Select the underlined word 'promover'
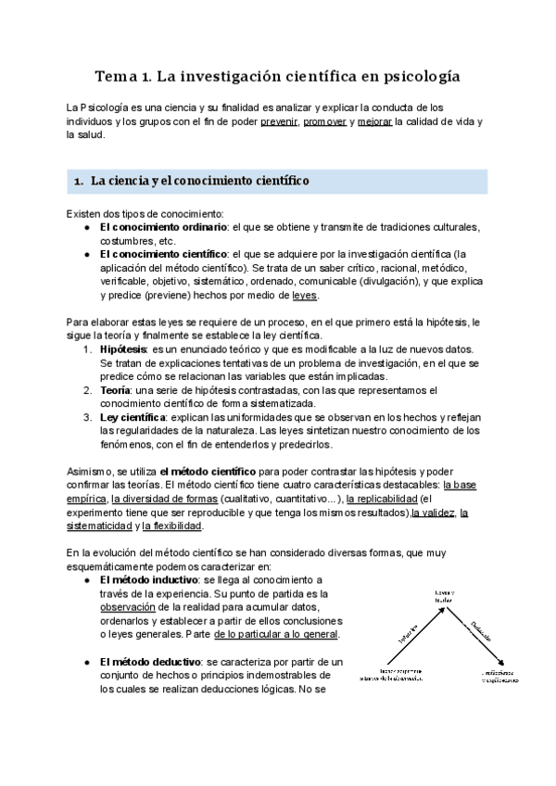point(325,121)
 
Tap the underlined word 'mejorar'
point(373,121)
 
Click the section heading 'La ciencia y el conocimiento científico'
point(200,181)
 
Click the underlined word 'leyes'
point(304,296)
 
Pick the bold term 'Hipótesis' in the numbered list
point(122,349)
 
